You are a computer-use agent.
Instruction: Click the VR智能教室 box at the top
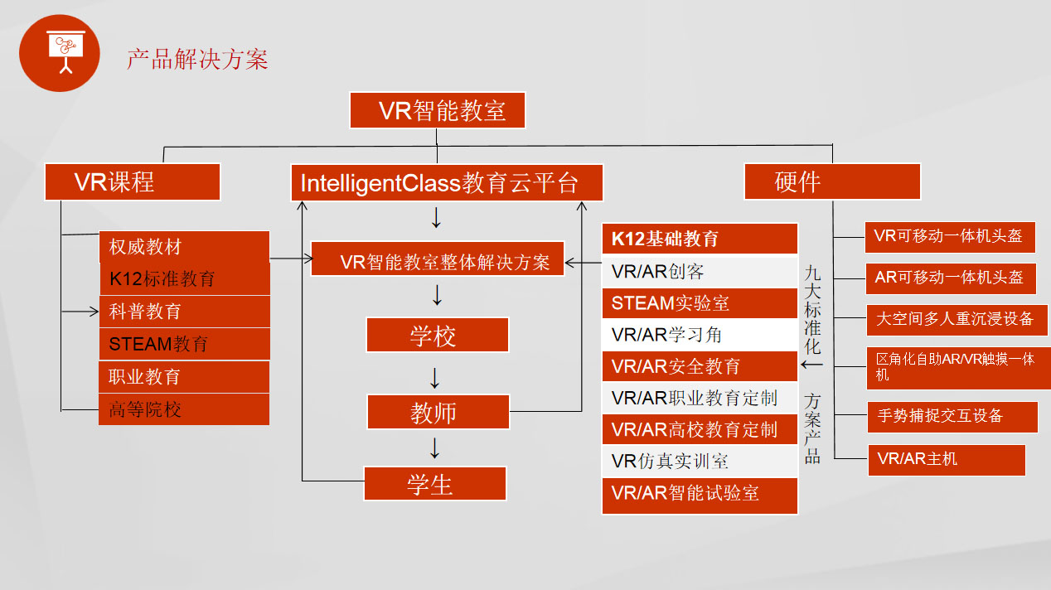438,110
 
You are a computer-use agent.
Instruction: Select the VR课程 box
133,182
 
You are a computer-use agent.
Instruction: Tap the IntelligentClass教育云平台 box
447,182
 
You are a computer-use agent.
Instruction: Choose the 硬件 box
832,182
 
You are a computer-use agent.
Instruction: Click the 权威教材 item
184,247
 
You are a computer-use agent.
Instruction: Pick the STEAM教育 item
184,344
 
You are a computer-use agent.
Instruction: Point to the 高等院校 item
184,409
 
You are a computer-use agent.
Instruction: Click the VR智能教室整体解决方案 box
437,262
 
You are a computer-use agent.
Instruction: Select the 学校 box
437,336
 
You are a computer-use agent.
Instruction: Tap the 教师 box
437,412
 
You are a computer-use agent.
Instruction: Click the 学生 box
434,484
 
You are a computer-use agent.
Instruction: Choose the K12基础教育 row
700,239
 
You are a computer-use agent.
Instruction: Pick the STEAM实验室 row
700,303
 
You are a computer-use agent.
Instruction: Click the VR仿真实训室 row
700,462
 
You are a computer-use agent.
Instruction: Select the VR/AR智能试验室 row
700,494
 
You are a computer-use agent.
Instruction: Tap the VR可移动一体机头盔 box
948,236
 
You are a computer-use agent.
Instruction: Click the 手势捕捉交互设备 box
952,416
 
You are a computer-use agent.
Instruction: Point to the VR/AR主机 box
946,459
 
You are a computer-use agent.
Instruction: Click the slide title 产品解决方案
197,60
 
